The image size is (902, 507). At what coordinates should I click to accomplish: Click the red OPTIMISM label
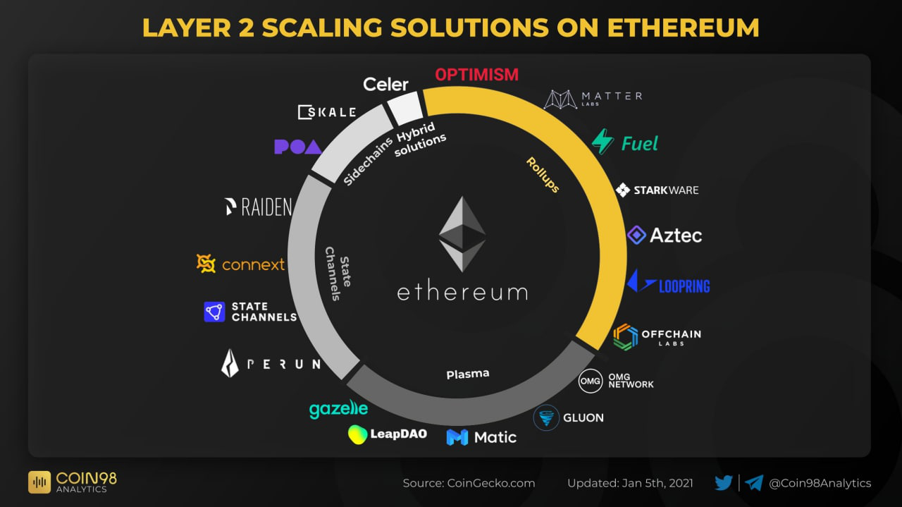pyautogui.click(x=476, y=75)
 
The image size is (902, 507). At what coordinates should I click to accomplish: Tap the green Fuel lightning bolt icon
pyautogui.click(x=603, y=142)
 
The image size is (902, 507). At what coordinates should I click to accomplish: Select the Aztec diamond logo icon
pyautogui.click(x=636, y=235)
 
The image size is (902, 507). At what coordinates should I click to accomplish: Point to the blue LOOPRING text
pyautogui.click(x=684, y=286)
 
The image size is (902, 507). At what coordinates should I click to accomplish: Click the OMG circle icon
pyautogui.click(x=590, y=381)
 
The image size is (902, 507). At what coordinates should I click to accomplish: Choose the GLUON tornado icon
pyautogui.click(x=546, y=417)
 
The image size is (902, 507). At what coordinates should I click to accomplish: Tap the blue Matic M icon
pyautogui.click(x=457, y=437)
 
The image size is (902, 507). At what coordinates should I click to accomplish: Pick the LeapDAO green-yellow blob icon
pyautogui.click(x=358, y=434)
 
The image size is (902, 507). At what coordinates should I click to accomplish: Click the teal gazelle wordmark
pyautogui.click(x=338, y=408)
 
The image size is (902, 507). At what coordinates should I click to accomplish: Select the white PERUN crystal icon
pyautogui.click(x=230, y=363)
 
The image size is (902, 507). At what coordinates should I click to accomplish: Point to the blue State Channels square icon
pyautogui.click(x=214, y=312)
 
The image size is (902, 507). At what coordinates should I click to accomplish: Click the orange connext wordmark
pyautogui.click(x=253, y=264)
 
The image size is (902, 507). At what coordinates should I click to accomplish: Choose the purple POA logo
pyautogui.click(x=297, y=147)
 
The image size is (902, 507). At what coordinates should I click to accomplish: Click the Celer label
pyautogui.click(x=385, y=85)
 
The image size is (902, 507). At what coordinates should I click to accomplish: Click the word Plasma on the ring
pyautogui.click(x=467, y=374)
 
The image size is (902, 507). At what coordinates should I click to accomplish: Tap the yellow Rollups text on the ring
pyautogui.click(x=543, y=175)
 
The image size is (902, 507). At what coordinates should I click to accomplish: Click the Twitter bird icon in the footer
pyautogui.click(x=724, y=483)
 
